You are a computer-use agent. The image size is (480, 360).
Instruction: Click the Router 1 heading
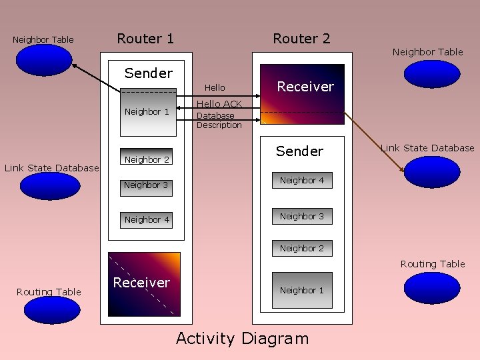[x=145, y=39]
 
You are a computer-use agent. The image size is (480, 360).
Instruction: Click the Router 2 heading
[x=301, y=39]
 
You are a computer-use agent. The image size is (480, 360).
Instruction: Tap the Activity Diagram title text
[x=242, y=339]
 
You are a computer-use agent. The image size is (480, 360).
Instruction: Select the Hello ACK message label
[x=219, y=104]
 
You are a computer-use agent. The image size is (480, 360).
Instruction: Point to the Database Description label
[x=219, y=120]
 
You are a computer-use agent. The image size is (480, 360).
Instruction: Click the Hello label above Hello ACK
[x=215, y=87]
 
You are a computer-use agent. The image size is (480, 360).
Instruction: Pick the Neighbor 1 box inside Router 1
[x=147, y=111]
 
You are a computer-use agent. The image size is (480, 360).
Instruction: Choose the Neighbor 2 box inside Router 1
[x=147, y=159]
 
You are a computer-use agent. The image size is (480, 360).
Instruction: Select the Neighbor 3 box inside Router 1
[x=146, y=185]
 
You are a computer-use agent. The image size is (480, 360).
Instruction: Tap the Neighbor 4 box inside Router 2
[x=302, y=181]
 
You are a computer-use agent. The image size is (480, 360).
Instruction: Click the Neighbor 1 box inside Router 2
[x=302, y=290]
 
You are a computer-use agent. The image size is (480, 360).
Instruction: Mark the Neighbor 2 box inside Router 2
[x=302, y=248]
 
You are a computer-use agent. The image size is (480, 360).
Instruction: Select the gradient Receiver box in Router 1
[x=144, y=283]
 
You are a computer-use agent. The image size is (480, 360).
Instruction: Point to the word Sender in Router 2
[x=299, y=151]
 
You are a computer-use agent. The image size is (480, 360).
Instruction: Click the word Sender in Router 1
[x=148, y=73]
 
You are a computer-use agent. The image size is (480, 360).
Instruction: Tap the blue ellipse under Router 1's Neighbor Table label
[x=43, y=60]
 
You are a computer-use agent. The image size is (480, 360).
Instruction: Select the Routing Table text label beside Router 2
[x=433, y=264]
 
